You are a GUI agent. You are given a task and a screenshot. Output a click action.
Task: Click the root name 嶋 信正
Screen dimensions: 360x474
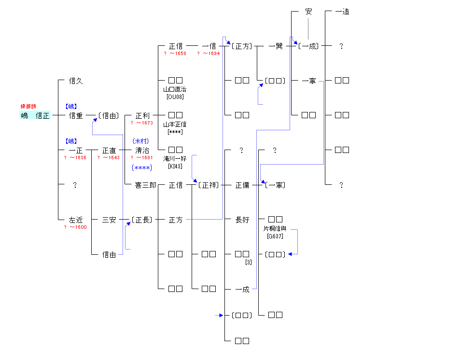pyautogui.click(x=35, y=115)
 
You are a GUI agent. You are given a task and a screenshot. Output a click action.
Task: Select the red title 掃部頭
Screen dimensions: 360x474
pyautogui.click(x=28, y=106)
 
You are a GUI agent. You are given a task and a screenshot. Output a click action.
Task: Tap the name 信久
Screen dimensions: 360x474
pyautogui.click(x=76, y=81)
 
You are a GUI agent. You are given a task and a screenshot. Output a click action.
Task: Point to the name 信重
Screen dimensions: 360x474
pyautogui.click(x=76, y=115)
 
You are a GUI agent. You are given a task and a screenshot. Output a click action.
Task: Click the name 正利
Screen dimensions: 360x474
pyautogui.click(x=142, y=115)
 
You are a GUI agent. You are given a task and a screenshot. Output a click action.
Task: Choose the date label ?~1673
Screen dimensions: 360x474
pyautogui.click(x=141, y=123)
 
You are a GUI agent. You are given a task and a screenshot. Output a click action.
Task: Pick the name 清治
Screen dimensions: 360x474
pyautogui.click(x=142, y=151)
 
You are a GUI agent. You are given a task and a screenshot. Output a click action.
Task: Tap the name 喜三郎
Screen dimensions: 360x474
pyautogui.click(x=145, y=185)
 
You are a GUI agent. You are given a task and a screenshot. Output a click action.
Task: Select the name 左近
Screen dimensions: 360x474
pyautogui.click(x=76, y=220)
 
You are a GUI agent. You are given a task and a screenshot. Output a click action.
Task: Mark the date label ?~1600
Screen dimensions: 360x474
pyautogui.click(x=75, y=227)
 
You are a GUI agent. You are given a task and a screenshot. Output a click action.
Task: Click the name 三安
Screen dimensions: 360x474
pyautogui.click(x=109, y=220)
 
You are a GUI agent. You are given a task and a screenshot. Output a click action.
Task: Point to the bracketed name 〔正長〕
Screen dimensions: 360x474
pyautogui.click(x=142, y=220)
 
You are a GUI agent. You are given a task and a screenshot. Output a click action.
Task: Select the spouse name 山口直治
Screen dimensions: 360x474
pyautogui.click(x=175, y=89)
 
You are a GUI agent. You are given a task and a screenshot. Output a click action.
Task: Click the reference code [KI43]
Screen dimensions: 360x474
pyautogui.click(x=175, y=166)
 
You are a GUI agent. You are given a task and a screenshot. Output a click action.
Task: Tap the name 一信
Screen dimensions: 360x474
pyautogui.click(x=209, y=46)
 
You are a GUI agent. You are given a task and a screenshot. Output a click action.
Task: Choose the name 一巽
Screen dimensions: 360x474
pyautogui.click(x=275, y=46)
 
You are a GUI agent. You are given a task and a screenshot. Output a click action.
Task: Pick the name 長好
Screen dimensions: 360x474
pyautogui.click(x=242, y=220)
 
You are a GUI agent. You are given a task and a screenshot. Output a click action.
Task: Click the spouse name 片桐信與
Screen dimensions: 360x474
pyautogui.click(x=275, y=229)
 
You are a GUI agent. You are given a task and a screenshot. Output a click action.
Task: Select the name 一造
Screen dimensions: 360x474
pyautogui.click(x=342, y=12)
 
